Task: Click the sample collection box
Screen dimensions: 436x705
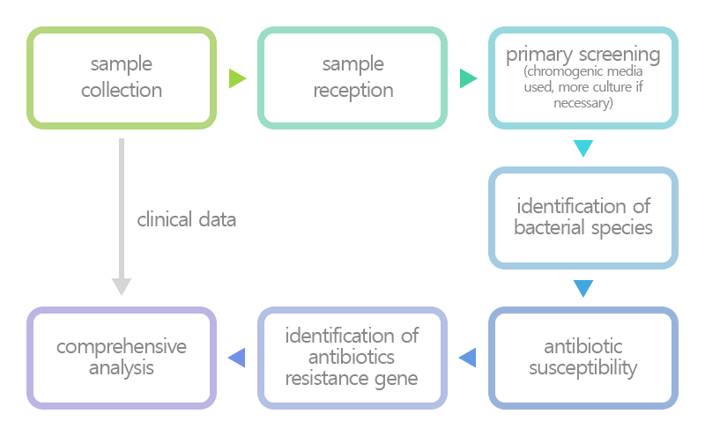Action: tap(122, 78)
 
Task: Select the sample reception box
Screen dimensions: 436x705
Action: tap(352, 78)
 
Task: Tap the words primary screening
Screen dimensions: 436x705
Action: tap(583, 55)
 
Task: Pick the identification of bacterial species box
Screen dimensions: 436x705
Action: tap(583, 218)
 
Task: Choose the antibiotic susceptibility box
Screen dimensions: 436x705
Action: tap(583, 358)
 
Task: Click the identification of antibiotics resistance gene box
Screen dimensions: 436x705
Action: tap(352, 358)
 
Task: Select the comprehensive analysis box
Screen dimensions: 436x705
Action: tap(122, 358)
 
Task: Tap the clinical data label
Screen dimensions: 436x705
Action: tap(187, 220)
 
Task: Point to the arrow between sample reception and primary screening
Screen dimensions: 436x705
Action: tap(468, 78)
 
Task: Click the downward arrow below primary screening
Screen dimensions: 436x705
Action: tap(583, 148)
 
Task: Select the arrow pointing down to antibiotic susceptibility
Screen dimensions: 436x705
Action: tap(583, 288)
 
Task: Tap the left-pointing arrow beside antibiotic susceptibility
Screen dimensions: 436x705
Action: tap(468, 358)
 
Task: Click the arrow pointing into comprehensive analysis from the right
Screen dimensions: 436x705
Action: tap(237, 358)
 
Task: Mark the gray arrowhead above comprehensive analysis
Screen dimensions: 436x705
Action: tap(122, 286)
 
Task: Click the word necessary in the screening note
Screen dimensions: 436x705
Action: tap(583, 103)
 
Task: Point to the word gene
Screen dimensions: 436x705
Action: tap(398, 380)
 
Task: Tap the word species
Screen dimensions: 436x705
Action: tap(620, 228)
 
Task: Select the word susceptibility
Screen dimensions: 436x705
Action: tap(583, 368)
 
